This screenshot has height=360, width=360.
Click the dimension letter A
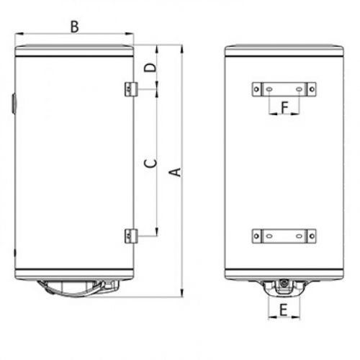[173, 171]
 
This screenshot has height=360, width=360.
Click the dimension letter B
[74, 27]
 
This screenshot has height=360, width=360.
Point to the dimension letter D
[149, 68]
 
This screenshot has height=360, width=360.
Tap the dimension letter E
[283, 311]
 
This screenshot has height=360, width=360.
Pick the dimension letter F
[284, 108]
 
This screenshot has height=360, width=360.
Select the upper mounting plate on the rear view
[283, 89]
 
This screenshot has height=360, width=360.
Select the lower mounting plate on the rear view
[283, 235]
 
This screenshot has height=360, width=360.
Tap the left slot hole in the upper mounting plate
[268, 89]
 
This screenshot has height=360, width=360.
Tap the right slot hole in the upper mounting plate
[299, 89]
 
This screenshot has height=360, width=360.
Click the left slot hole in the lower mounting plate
[268, 235]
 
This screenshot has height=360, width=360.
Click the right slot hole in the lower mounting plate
[299, 235]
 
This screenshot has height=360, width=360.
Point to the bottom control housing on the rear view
[283, 289]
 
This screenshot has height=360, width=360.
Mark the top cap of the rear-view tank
[283, 51]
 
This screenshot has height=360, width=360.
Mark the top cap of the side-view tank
[74, 51]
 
